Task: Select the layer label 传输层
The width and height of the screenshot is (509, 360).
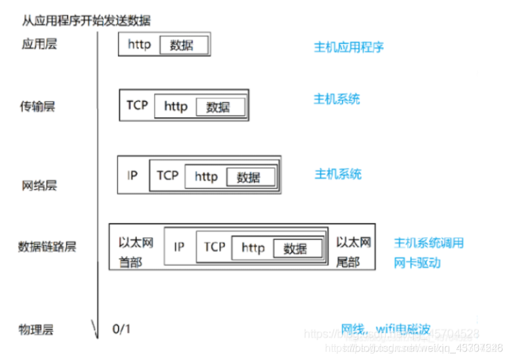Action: (x=37, y=106)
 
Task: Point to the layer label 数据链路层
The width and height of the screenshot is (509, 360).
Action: (x=47, y=247)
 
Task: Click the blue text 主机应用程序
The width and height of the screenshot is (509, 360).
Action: (x=349, y=47)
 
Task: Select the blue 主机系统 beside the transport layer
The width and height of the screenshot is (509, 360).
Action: (x=337, y=99)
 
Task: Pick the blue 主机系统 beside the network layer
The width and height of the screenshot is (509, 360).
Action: (x=338, y=174)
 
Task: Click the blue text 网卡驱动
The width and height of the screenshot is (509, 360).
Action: (x=417, y=263)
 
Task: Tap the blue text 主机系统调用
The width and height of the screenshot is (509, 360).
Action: (x=429, y=243)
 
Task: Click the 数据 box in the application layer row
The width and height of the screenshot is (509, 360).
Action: (x=181, y=45)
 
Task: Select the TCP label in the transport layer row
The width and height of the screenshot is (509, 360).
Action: (x=137, y=105)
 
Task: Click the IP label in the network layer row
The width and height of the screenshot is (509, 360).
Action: (x=132, y=176)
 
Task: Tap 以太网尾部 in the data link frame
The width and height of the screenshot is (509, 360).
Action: (x=354, y=251)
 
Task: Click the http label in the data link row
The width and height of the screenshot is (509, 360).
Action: (x=253, y=247)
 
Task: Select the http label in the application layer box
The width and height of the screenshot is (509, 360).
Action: (x=139, y=45)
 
